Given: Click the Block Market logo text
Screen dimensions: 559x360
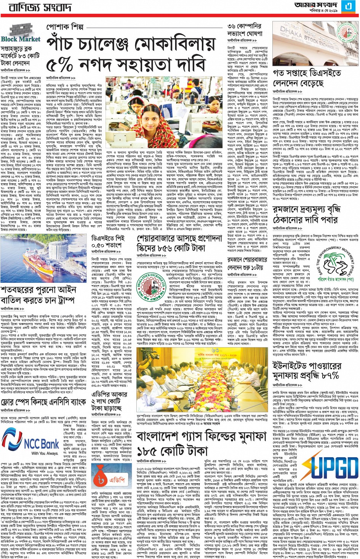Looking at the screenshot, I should pyautogui.click(x=21, y=39).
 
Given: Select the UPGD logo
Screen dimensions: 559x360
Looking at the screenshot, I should pyautogui.click(x=333, y=468).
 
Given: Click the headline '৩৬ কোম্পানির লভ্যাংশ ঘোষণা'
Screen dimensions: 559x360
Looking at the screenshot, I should pyautogui.click(x=244, y=30).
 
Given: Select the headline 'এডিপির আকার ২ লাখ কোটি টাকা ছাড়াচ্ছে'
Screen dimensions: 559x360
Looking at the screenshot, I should pyautogui.click(x=110, y=401).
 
